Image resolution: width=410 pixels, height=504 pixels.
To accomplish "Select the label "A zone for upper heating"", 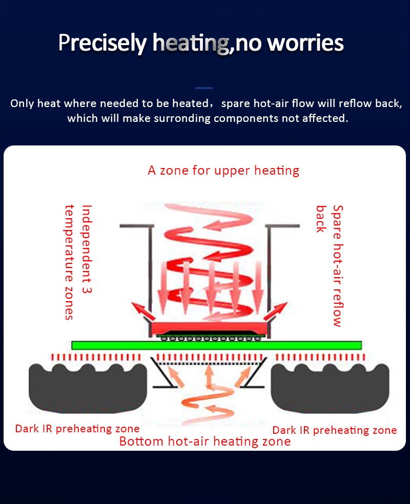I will coord(223,170).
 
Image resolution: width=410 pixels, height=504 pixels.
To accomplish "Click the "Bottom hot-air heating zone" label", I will coord(205,441).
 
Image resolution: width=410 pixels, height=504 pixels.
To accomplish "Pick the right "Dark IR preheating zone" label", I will coord(334,430).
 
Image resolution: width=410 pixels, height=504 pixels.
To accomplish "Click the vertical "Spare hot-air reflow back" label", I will coord(330,265).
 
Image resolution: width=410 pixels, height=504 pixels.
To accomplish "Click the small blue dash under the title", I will coord(204,88).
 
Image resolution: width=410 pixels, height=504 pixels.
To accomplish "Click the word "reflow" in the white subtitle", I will coord(337,103).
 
